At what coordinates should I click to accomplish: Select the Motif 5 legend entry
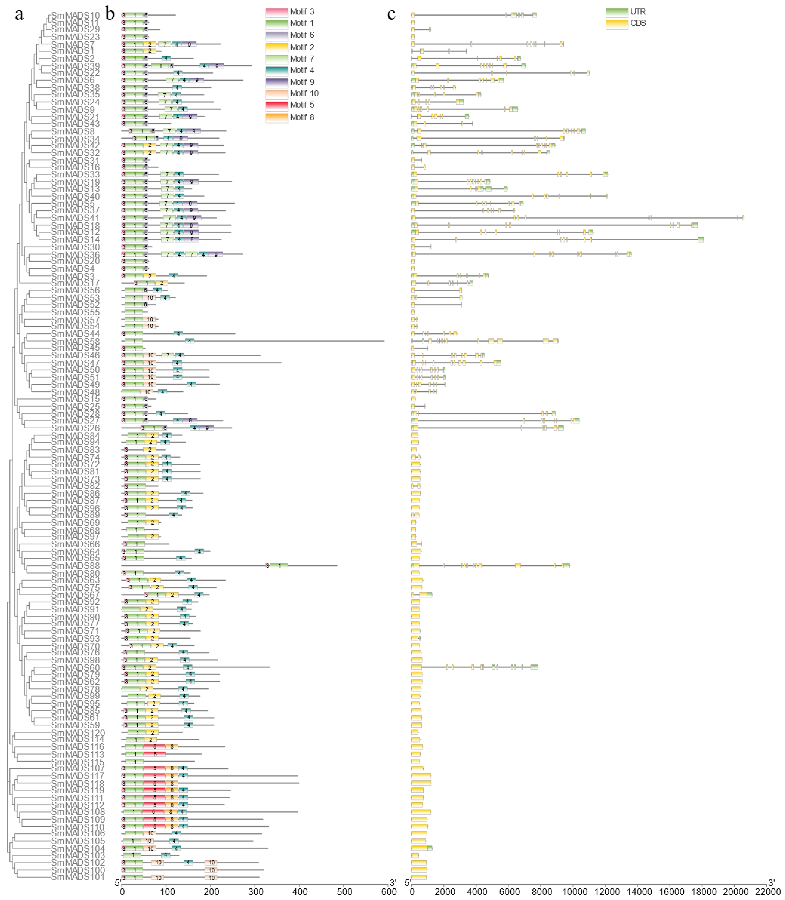click(302, 105)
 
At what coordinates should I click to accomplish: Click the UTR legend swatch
click(617, 12)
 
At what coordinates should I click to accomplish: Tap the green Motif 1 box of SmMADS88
click(279, 566)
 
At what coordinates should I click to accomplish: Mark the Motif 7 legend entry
click(302, 59)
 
